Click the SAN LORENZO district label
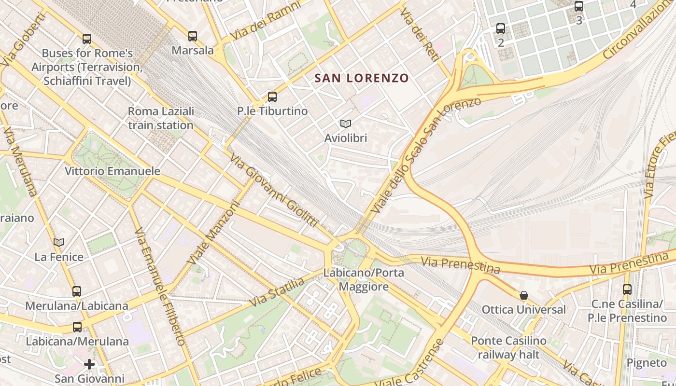362,78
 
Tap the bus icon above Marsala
193,36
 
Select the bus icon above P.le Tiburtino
272,96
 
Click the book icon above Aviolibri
345,124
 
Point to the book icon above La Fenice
59,242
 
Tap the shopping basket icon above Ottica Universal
523,295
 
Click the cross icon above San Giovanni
89,364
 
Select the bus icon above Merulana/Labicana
77,291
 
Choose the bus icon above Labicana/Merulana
77,327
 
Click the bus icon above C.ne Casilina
627,289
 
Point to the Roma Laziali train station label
161,118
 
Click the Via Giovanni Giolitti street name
274,191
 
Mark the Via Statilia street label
277,292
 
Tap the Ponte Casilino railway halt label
509,347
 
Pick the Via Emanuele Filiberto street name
160,287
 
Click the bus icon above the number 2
501,28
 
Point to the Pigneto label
647,362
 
